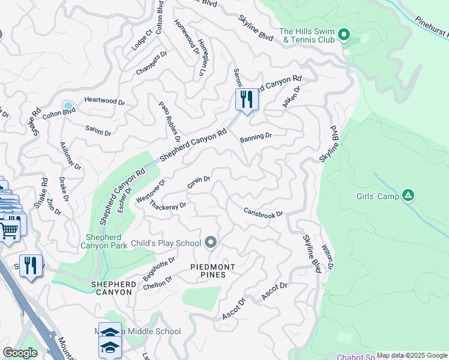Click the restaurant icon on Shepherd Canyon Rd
tap(246, 100)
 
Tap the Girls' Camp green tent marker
tap(408, 194)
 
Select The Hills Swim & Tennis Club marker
tap(344, 34)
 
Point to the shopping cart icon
tap(10, 229)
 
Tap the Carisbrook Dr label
tap(263, 212)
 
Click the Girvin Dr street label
tap(198, 182)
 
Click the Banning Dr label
tap(256, 137)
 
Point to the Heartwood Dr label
tap(104, 101)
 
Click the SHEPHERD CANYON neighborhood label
tap(111, 287)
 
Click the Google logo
tap(20, 353)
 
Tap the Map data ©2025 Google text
tap(412, 355)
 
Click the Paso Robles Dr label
tap(169, 118)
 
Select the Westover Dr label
tap(151, 191)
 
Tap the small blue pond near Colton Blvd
tap(68, 106)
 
